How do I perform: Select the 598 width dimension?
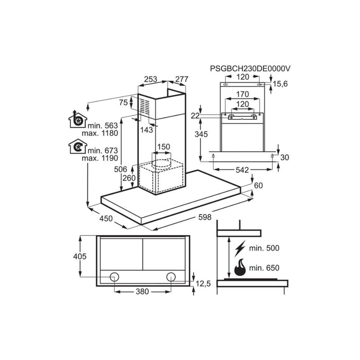tap(204, 217)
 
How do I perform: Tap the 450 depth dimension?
tap(105, 219)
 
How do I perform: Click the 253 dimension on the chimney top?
tap(151, 79)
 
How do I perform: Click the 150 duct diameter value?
tap(163, 147)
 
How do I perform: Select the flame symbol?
tap(240, 268)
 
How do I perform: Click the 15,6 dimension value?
tap(280, 83)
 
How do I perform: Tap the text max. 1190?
tap(103, 158)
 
